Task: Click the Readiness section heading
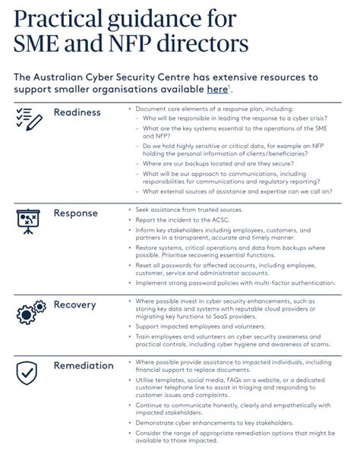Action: (x=77, y=112)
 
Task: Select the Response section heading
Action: (x=76, y=213)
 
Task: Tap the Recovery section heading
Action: (x=74, y=304)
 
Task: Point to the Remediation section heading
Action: (x=84, y=365)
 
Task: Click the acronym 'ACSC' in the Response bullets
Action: (x=227, y=219)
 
